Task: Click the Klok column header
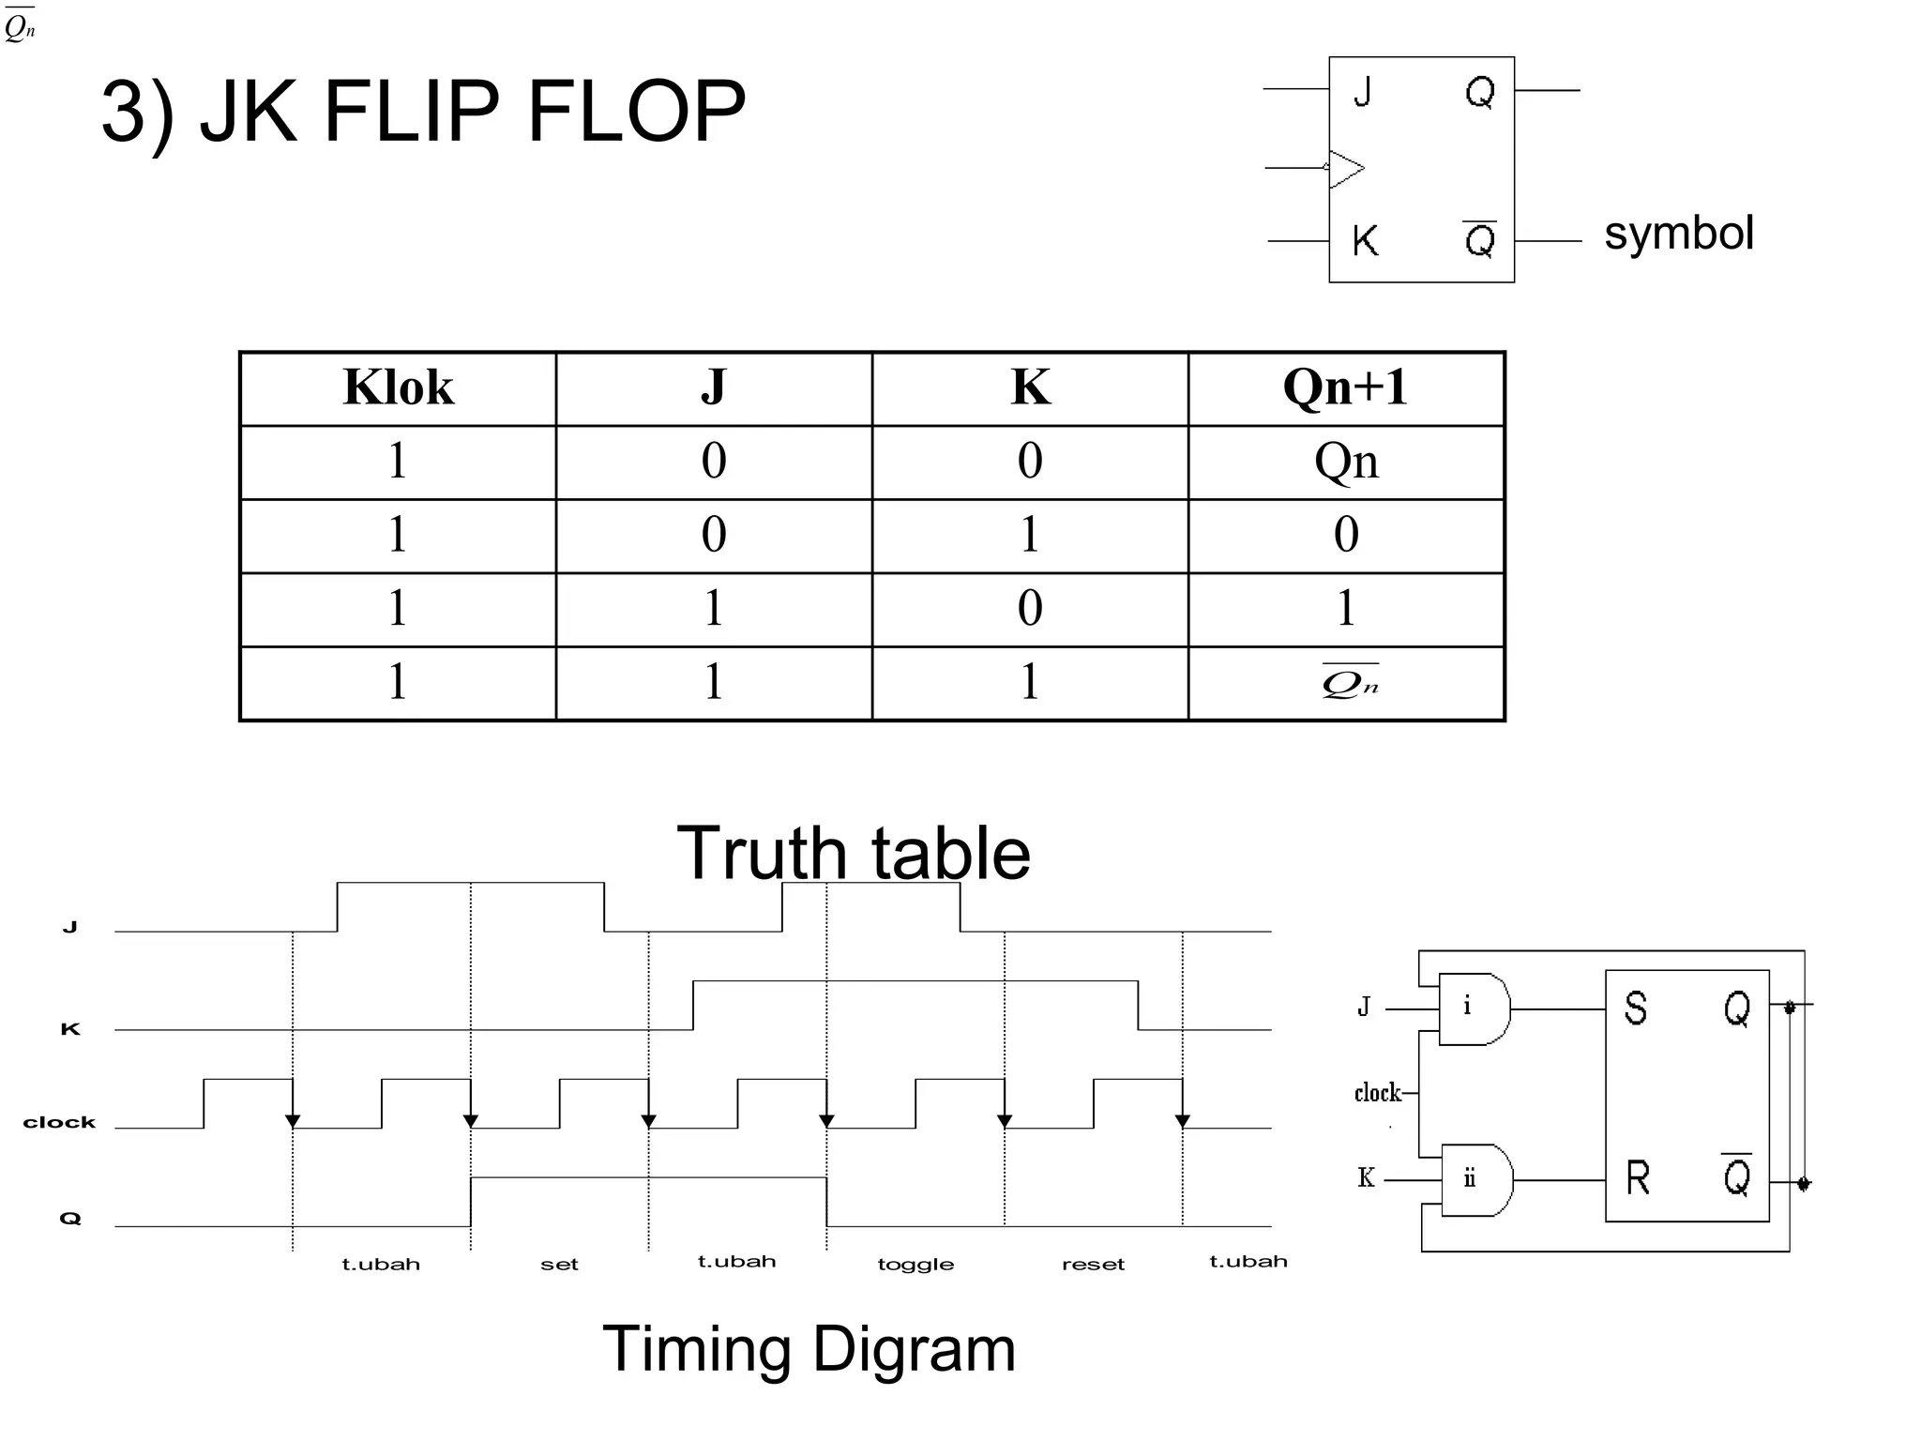398,387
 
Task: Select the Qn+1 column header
1345,387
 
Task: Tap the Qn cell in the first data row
1346,461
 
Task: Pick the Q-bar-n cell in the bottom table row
1349,683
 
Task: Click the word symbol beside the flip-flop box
1678,233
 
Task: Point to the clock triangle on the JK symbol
1346,169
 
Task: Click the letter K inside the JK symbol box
1365,241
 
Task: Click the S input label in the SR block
1635,1009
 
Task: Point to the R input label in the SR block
1637,1178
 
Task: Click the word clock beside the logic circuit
1377,1093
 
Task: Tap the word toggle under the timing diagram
915,1265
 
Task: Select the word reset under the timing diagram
1093,1265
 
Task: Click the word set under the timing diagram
559,1265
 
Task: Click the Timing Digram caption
809,1349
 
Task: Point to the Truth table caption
854,853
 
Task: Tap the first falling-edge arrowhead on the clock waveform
293,1120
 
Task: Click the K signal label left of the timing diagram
70,1029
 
